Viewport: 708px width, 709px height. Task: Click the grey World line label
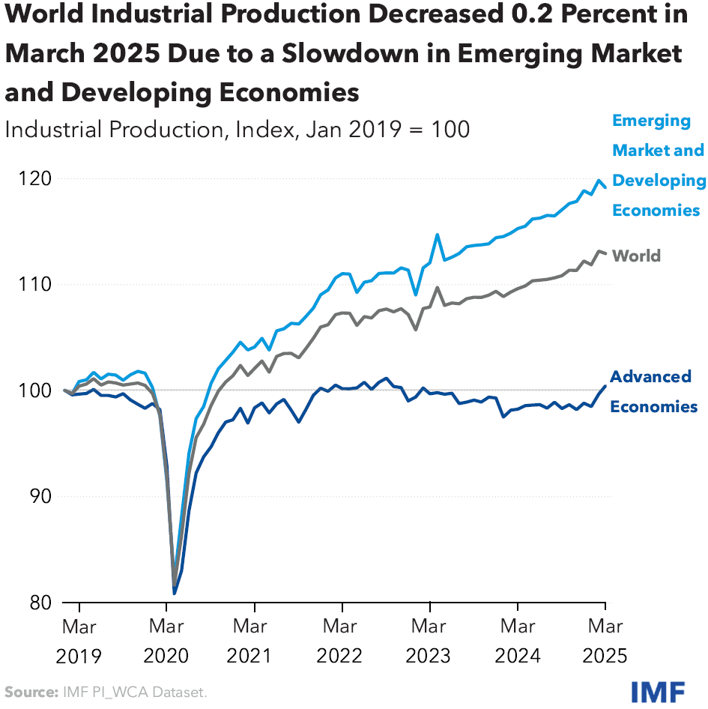(636, 256)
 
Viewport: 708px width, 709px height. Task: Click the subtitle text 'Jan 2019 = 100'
(387, 129)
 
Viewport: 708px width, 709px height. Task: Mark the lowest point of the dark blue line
(175, 594)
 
